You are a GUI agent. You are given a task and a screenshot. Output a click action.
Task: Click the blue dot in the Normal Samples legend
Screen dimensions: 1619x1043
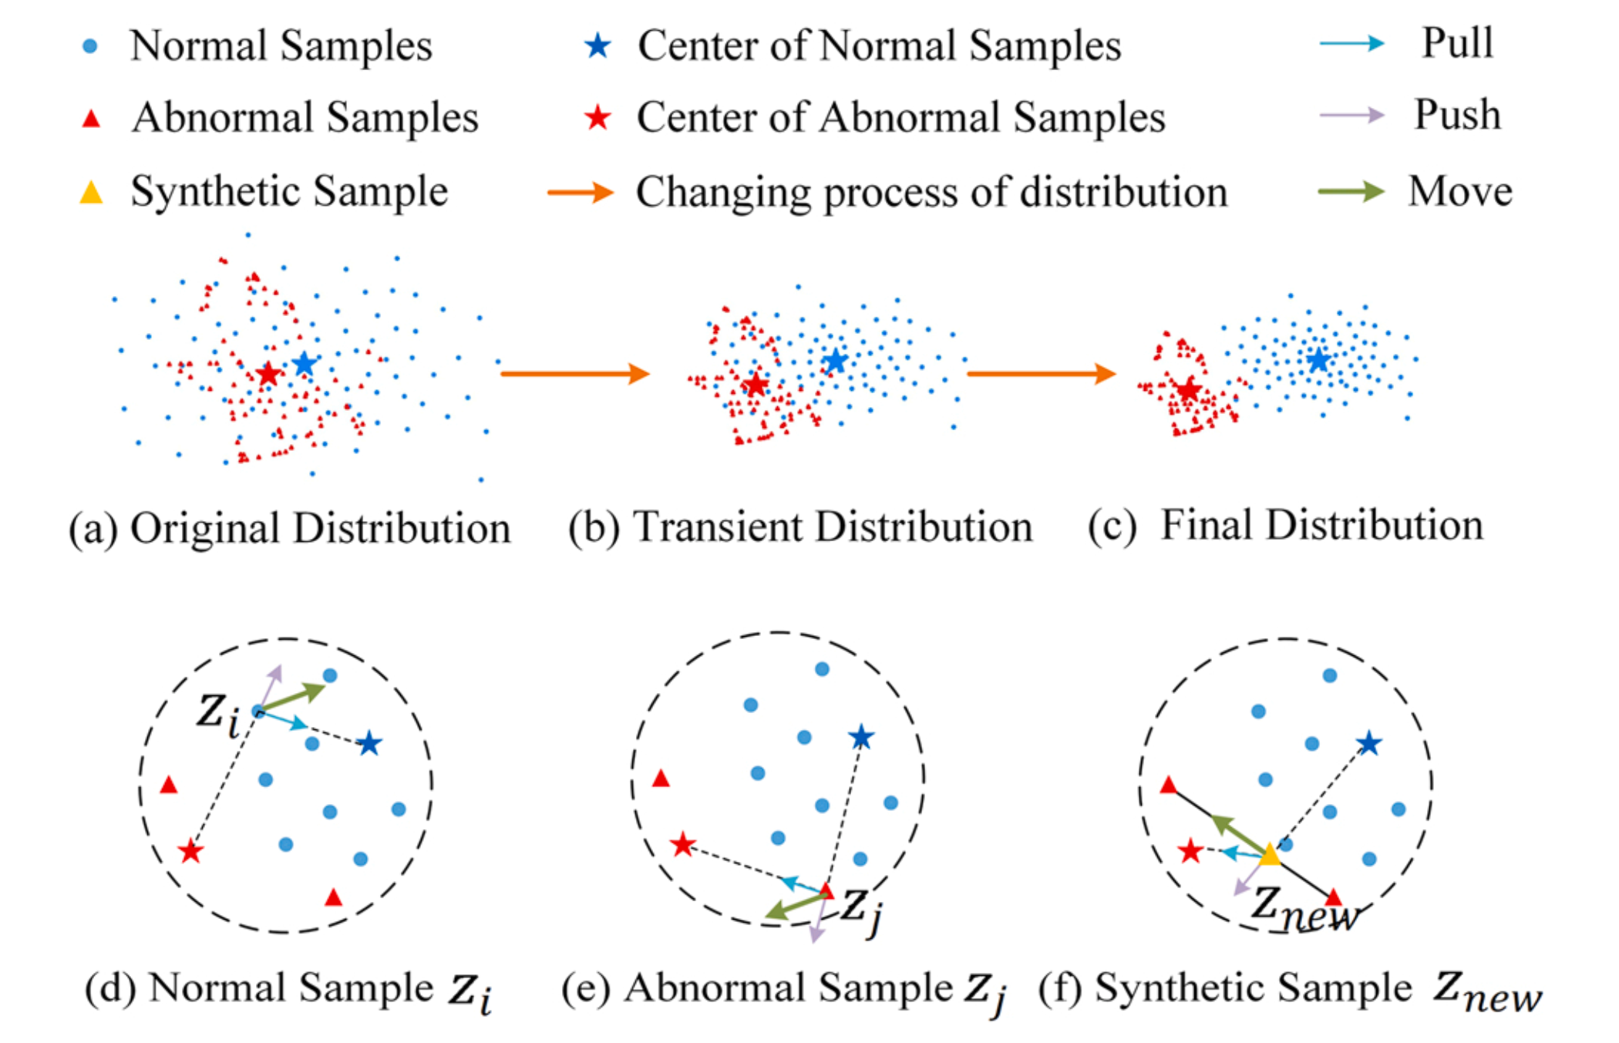click(x=90, y=46)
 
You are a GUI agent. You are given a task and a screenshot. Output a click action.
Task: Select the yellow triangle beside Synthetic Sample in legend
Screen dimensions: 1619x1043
click(x=91, y=191)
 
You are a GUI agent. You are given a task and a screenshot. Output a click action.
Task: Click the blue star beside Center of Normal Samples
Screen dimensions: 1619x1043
click(x=597, y=46)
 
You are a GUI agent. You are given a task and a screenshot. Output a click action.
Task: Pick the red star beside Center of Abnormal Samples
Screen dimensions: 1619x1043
click(x=597, y=118)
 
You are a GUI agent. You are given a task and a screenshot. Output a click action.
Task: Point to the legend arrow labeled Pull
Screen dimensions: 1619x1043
click(x=1352, y=43)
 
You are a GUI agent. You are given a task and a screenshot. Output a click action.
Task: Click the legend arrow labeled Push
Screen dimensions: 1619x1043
click(x=1352, y=116)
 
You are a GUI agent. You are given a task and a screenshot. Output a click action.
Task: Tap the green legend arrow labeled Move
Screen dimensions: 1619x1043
click(x=1351, y=190)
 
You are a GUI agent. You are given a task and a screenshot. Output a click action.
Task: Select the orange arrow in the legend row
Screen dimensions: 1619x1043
click(x=581, y=192)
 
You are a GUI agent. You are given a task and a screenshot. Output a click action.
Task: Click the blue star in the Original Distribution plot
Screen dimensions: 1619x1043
click(x=305, y=364)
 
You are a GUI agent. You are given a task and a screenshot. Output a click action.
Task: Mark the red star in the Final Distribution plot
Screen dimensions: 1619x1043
click(x=1188, y=389)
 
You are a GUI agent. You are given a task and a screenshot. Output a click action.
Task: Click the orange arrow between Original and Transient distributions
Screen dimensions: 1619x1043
click(x=575, y=374)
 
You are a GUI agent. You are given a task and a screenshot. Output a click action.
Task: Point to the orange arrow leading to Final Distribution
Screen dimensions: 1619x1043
click(x=1042, y=374)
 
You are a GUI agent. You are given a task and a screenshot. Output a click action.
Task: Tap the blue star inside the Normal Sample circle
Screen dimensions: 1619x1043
click(x=369, y=743)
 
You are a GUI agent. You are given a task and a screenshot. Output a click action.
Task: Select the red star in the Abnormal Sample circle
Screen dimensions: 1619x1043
click(x=682, y=845)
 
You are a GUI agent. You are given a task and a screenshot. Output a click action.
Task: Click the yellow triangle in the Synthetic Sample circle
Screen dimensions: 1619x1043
click(x=1269, y=853)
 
